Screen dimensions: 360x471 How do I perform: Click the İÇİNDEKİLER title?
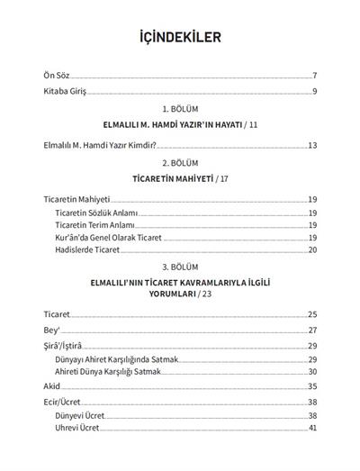coord(180,38)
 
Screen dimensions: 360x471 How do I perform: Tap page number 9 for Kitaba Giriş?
coord(314,92)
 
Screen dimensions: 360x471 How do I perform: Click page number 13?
coord(312,144)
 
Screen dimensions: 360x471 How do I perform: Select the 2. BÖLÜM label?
coord(179,163)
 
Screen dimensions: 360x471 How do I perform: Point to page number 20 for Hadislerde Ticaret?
coord(312,249)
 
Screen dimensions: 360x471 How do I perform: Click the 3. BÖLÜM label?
coord(179,268)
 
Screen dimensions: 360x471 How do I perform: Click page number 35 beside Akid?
coord(312,385)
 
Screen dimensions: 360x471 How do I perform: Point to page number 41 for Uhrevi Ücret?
coord(312,428)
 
